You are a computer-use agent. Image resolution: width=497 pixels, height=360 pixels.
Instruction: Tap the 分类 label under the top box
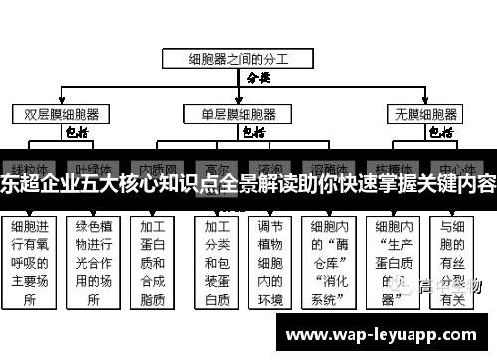click(257, 77)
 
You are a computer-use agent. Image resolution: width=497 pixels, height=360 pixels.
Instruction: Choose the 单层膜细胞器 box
click(239, 113)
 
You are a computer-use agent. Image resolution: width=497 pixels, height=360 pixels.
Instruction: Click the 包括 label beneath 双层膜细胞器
click(77, 131)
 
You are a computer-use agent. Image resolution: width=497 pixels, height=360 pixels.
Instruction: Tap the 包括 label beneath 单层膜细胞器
click(252, 131)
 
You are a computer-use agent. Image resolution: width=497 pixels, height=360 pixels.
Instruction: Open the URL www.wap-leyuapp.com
click(382, 334)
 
